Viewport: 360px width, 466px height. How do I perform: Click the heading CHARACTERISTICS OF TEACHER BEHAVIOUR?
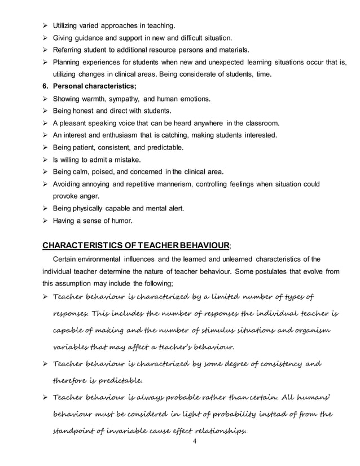click(x=136, y=245)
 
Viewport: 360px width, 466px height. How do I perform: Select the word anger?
click(x=90, y=196)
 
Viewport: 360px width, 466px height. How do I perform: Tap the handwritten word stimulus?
click(x=212, y=331)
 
